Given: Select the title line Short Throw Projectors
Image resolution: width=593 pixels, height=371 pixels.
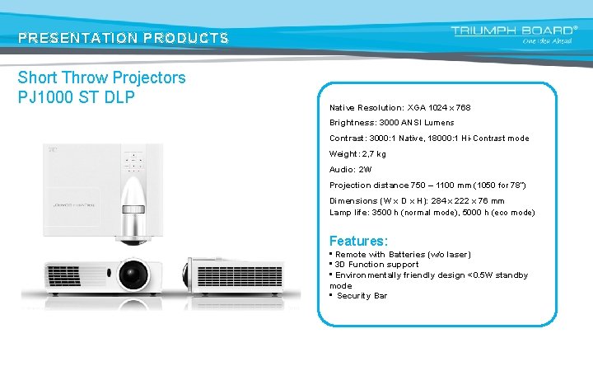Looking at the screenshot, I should [x=102, y=78].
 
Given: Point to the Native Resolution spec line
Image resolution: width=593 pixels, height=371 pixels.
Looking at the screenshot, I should [x=399, y=108].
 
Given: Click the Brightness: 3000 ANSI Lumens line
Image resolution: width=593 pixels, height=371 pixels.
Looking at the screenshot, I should [x=391, y=123].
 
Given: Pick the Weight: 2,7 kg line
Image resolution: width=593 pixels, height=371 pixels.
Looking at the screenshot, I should [x=357, y=154].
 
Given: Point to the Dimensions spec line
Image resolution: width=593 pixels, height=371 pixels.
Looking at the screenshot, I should [x=417, y=200].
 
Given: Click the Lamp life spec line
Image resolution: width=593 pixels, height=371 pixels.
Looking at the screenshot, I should [x=432, y=213].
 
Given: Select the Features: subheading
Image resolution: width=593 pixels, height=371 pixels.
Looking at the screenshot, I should [x=358, y=241].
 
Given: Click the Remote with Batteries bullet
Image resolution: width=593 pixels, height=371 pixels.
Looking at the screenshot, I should [x=403, y=255].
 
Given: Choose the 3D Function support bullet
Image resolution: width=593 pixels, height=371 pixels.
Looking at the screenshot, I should [x=377, y=265].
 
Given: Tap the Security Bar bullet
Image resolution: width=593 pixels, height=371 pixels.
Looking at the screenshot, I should [x=362, y=296].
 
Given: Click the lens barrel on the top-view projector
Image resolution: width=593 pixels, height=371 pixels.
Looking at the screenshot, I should [x=134, y=215].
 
